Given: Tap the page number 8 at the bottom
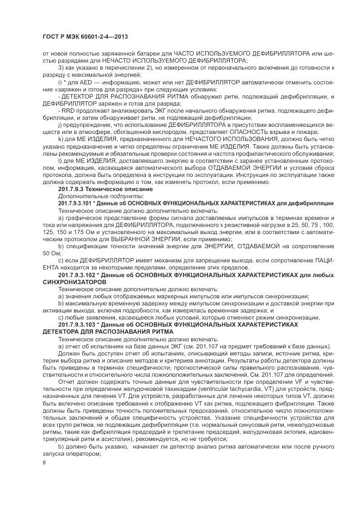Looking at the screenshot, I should pos(44,463).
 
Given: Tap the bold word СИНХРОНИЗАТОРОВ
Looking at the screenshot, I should pos(71,283).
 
